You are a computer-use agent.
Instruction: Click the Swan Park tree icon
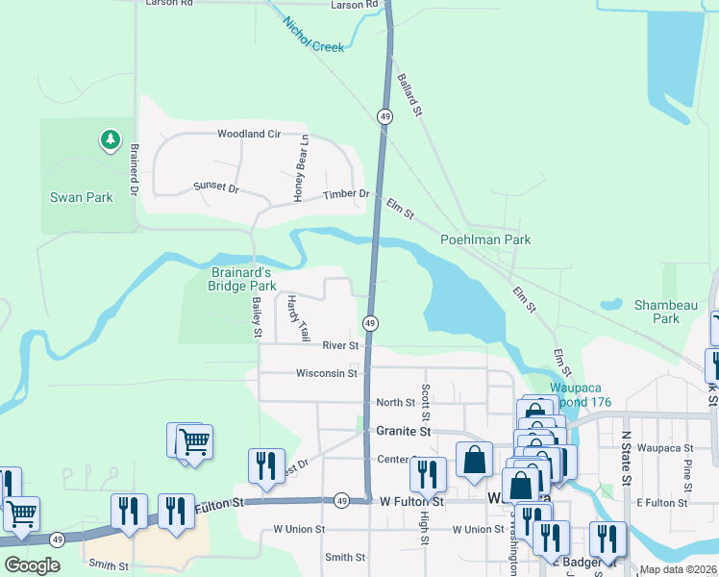(111, 141)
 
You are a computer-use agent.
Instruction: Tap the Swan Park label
(82, 198)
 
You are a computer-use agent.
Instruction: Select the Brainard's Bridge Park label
(242, 279)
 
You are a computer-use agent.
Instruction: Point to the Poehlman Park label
(485, 239)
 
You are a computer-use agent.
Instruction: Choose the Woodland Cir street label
(248, 135)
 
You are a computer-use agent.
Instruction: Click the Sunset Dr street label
(215, 188)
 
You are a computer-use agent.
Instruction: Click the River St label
(340, 345)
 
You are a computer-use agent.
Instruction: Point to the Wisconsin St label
(326, 373)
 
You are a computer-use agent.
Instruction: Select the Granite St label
(402, 432)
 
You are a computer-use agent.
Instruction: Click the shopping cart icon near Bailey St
(194, 442)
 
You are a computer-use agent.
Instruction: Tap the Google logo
(32, 565)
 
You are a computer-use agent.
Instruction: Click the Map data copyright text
(677, 569)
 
